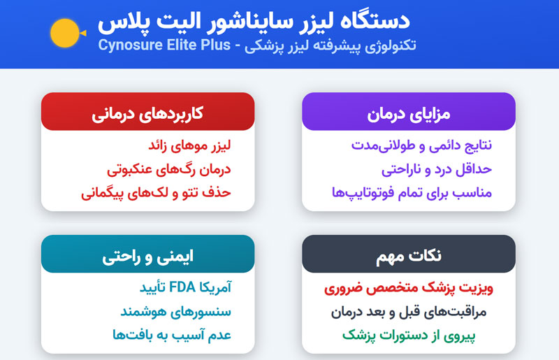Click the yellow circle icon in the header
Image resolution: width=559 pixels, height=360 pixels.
point(65,33)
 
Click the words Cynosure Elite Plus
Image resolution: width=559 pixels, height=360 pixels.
point(164,45)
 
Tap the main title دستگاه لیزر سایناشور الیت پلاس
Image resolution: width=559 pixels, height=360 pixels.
point(254,22)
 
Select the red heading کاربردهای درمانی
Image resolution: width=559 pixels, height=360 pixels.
point(147,114)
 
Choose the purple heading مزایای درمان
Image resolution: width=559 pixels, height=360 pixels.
point(409,114)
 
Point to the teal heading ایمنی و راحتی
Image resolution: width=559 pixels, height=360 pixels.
point(147,257)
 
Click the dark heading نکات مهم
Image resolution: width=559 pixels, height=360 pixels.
point(409,256)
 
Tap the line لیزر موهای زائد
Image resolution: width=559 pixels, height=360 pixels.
point(189,145)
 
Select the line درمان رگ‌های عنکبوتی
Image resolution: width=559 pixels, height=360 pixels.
point(169,169)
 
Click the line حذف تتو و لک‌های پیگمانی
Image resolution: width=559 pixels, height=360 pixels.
point(156,193)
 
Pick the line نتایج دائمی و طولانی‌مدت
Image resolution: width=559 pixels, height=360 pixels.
point(422,145)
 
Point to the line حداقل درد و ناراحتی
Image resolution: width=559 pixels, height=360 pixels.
point(437,169)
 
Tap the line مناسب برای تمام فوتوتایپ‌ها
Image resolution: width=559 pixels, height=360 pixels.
point(412,193)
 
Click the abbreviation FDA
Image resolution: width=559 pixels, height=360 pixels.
point(182,287)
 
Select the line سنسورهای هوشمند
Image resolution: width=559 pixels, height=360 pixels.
point(176,312)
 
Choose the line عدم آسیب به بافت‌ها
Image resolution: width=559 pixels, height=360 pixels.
point(172,335)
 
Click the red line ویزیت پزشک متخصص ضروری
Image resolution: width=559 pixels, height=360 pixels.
point(409,288)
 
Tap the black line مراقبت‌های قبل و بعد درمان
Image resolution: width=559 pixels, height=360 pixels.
point(409,312)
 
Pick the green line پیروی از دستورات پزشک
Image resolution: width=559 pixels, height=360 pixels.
point(409,336)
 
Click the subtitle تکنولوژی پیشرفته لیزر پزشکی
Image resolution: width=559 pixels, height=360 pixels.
point(330,45)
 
